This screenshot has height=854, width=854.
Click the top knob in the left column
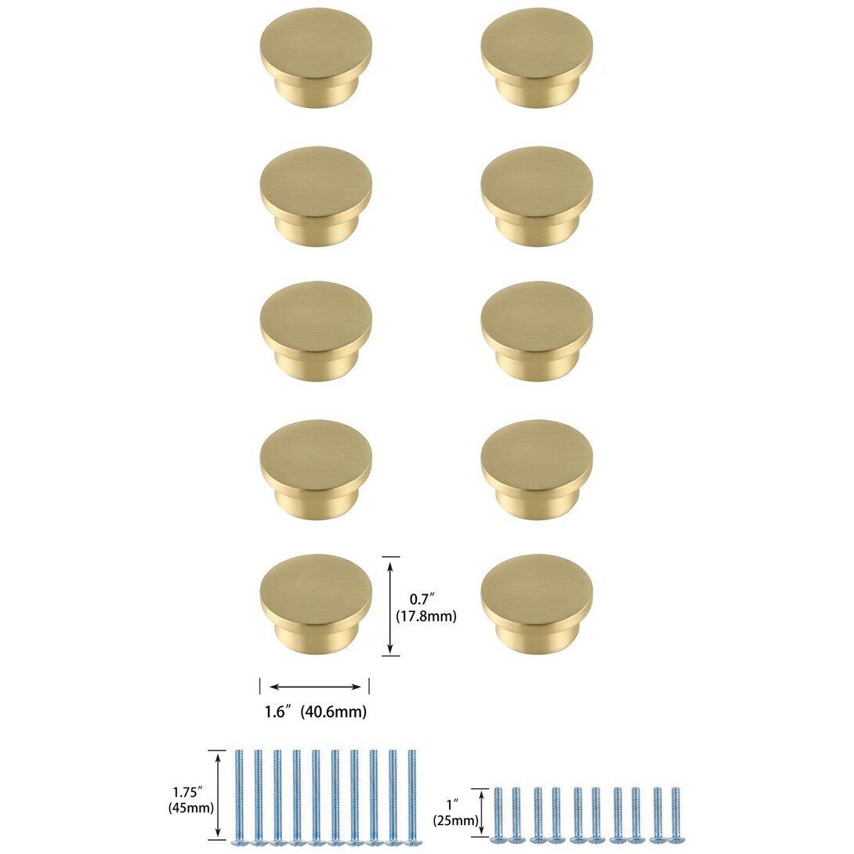(x=315, y=60)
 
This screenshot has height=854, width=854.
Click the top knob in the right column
(x=537, y=60)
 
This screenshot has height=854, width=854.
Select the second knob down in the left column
(x=315, y=196)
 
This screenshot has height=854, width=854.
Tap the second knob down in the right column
(x=537, y=196)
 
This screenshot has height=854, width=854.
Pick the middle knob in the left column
(x=315, y=331)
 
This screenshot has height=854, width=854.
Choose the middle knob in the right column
(x=537, y=331)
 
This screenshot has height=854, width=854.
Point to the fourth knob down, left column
(x=315, y=468)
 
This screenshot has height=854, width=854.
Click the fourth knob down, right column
(x=537, y=468)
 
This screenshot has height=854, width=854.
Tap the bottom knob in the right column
(x=537, y=603)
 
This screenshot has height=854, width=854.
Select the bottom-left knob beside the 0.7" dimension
(x=315, y=603)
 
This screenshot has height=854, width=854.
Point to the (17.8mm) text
(x=428, y=617)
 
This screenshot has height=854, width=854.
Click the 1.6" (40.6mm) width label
(x=315, y=712)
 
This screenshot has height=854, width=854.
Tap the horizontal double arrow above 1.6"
(x=315, y=687)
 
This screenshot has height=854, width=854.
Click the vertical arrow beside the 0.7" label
(x=390, y=606)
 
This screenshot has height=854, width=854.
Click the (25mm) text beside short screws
(x=455, y=820)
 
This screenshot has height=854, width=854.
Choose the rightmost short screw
(x=675, y=816)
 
